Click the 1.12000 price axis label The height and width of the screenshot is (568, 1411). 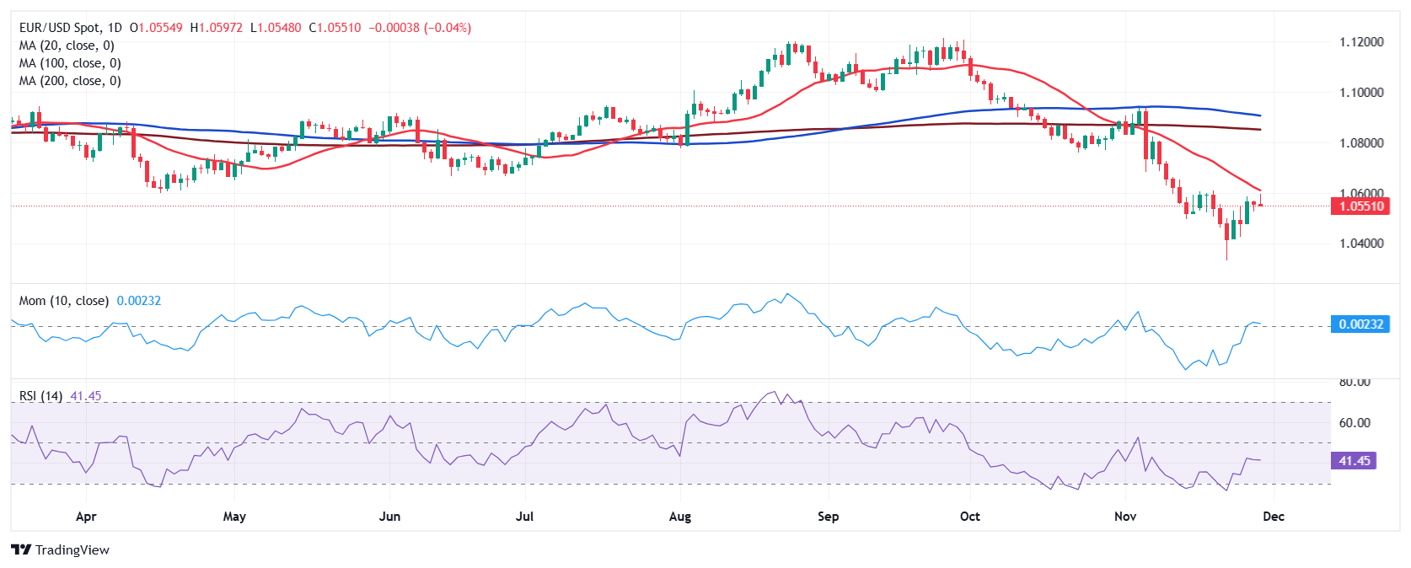click(x=1360, y=42)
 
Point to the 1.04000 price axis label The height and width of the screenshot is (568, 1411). click(x=1360, y=244)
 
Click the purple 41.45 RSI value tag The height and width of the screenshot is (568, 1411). click(x=1354, y=461)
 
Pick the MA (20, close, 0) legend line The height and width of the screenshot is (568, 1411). click(x=67, y=46)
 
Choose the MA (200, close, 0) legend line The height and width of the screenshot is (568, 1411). click(x=70, y=81)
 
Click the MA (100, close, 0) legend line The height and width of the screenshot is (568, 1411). click(x=70, y=63)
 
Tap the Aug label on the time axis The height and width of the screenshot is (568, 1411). click(x=679, y=517)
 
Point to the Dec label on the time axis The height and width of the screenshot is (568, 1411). click(x=1273, y=517)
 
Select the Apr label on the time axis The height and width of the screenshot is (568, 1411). click(x=85, y=517)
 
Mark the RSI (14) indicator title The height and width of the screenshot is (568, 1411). click(x=40, y=396)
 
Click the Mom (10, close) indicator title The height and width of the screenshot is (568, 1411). click(x=63, y=301)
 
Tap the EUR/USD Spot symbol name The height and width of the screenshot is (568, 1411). click(x=59, y=28)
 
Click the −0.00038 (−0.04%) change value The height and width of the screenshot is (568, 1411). click(x=420, y=28)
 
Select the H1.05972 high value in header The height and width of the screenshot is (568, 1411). click(x=216, y=28)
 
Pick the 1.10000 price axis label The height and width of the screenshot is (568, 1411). click(x=1360, y=93)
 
